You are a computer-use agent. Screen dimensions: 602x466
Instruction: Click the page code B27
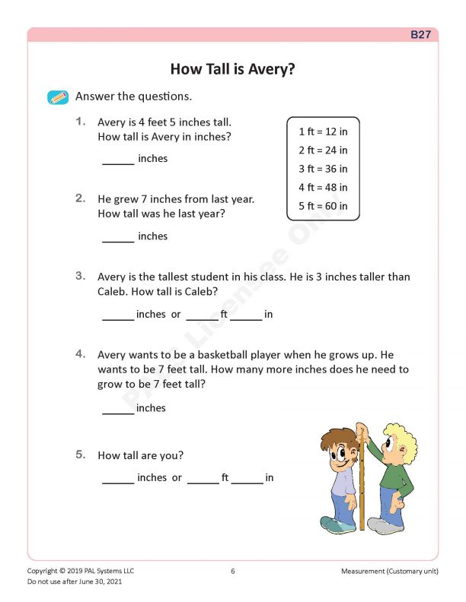421,35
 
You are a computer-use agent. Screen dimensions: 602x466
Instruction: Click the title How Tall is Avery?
232,69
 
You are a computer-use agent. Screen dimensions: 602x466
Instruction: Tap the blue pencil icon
58,97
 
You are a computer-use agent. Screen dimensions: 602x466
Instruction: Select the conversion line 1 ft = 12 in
323,131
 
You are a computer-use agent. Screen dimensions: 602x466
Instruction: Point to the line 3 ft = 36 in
323,169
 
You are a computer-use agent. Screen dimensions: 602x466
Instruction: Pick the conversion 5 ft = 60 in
323,206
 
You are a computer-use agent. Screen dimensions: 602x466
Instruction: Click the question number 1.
81,122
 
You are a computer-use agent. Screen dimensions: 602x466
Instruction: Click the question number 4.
81,354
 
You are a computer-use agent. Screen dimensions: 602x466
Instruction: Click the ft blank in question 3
202,316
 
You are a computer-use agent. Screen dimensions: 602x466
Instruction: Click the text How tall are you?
141,456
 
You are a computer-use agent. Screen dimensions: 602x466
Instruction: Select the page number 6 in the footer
233,571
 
